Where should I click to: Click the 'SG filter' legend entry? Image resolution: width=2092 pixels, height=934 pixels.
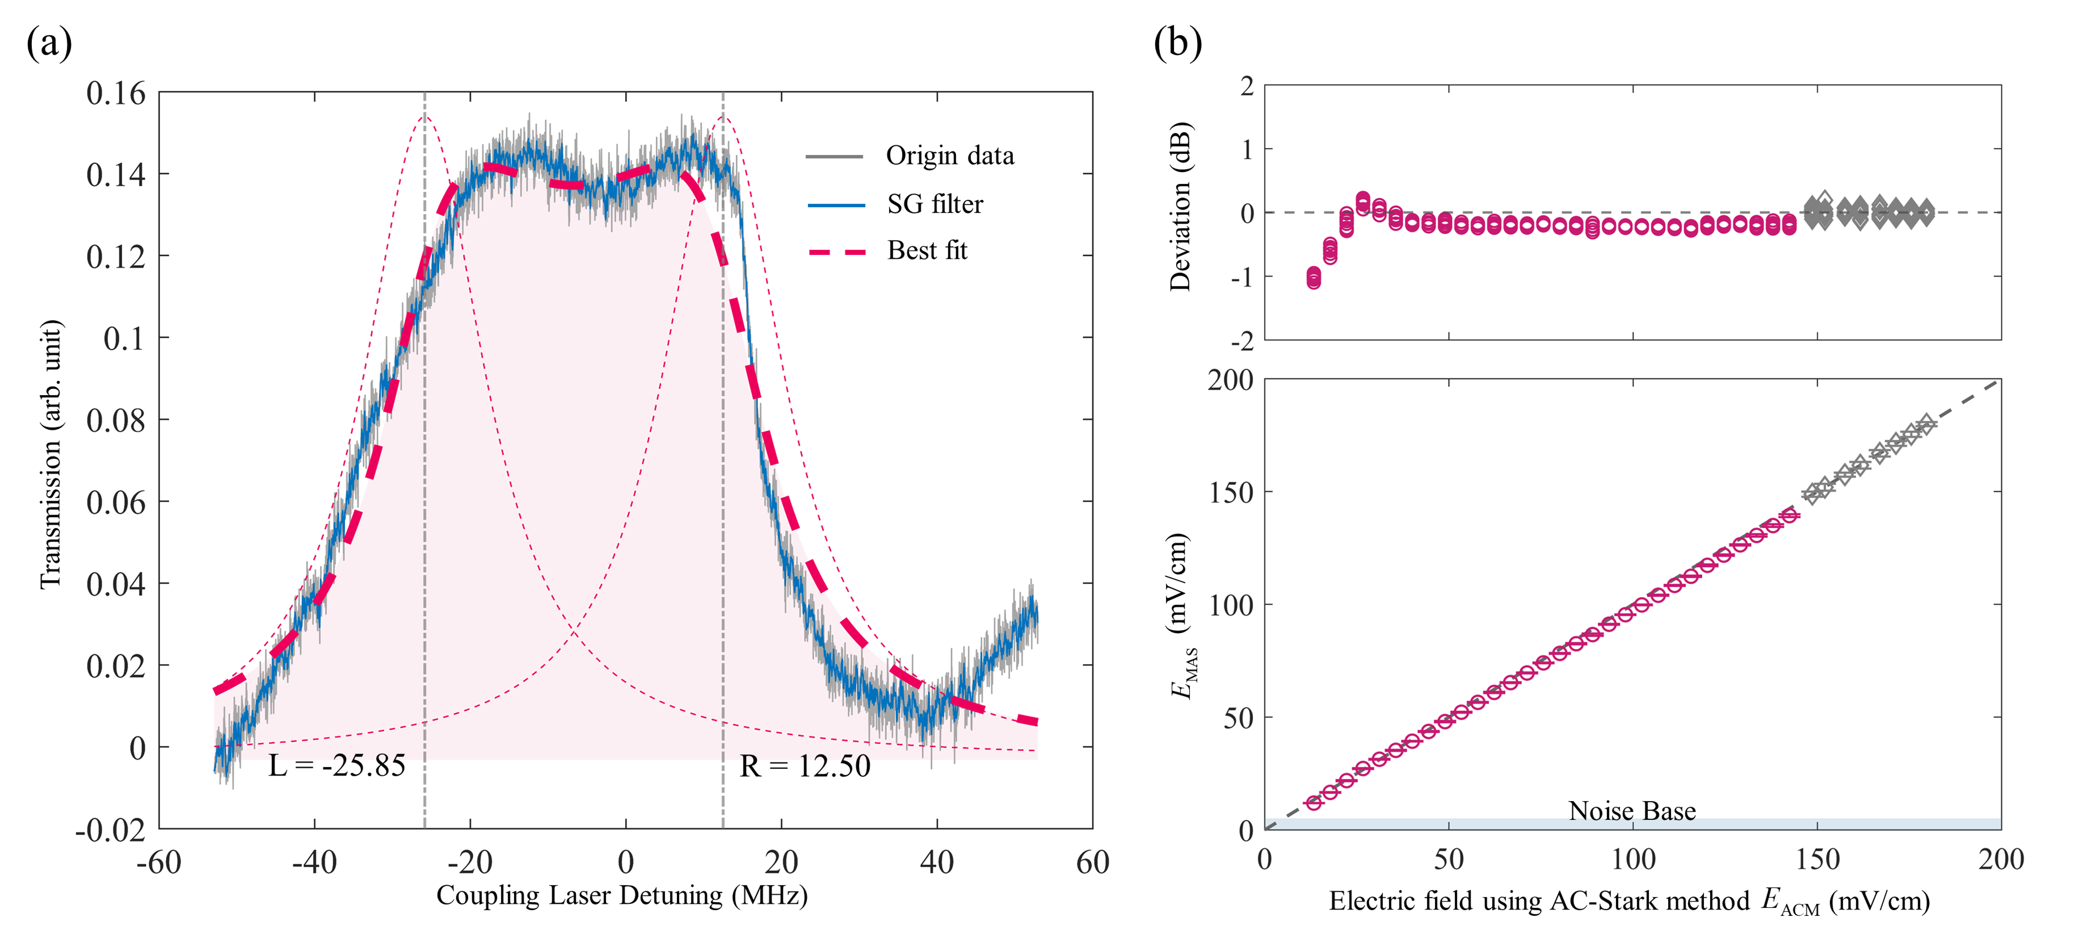[934, 204]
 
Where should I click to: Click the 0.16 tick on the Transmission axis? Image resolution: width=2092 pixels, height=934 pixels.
[116, 94]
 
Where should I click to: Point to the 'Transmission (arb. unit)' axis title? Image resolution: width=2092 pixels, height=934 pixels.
[50, 455]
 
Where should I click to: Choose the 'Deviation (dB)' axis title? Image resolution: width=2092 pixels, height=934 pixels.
[1179, 207]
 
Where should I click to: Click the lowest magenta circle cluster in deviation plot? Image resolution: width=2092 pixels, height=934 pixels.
[1313, 278]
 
